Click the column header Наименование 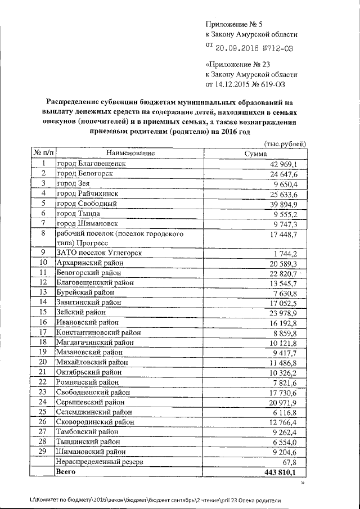[129, 154]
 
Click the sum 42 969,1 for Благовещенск [287, 164]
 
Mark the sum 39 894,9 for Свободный [287, 204]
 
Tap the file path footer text [155, 500]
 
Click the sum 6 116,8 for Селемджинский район [289, 412]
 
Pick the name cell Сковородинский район [95, 421]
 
